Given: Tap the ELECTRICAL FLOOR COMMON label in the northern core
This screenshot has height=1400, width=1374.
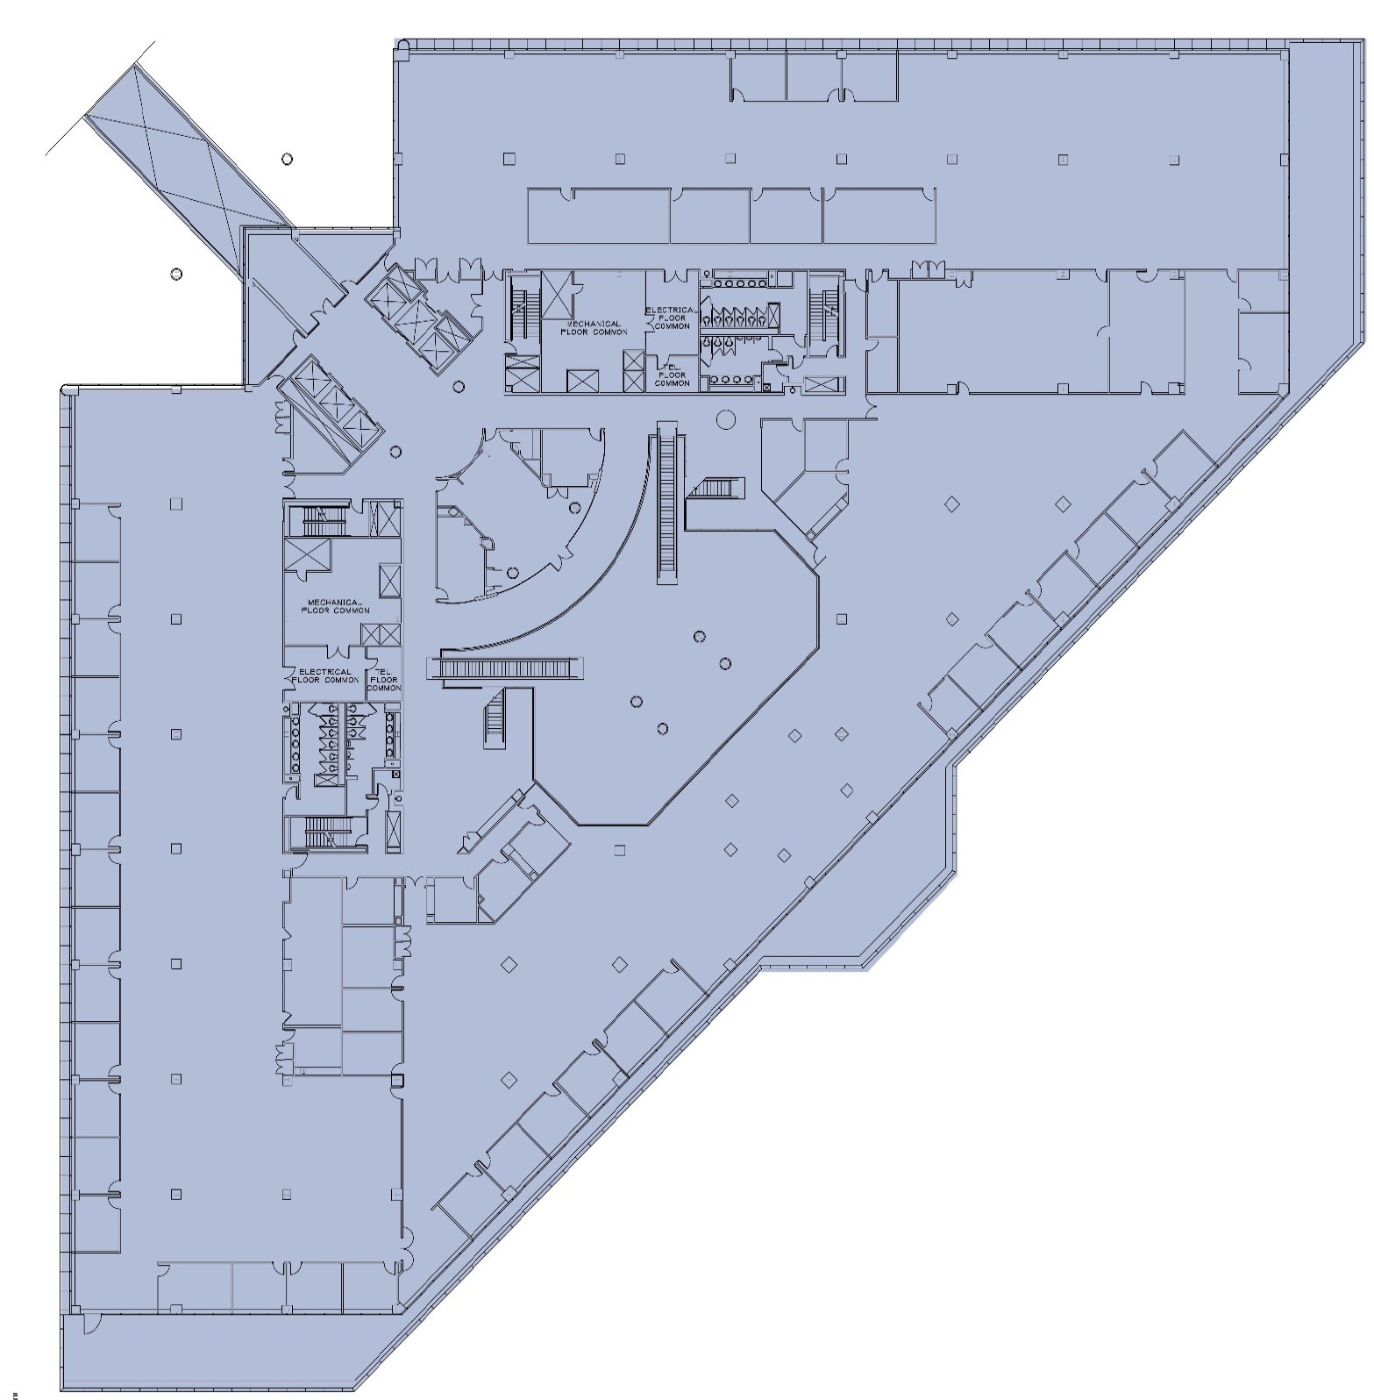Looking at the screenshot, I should click(x=673, y=318).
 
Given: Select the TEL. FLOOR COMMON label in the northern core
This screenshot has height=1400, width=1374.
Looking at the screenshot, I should click(x=673, y=375).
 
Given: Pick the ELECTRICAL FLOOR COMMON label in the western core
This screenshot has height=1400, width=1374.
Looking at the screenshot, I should click(x=325, y=675).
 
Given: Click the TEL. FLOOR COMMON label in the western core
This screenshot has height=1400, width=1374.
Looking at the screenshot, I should click(x=384, y=680).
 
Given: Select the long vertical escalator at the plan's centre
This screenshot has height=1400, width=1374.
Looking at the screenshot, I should click(x=671, y=502).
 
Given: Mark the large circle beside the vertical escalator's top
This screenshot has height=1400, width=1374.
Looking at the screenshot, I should click(x=725, y=420).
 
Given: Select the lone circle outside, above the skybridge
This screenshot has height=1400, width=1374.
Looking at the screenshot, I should click(x=287, y=159).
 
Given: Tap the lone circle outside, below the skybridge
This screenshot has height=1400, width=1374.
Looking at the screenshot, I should click(x=176, y=274).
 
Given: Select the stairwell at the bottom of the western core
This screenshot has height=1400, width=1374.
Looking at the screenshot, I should click(x=326, y=831).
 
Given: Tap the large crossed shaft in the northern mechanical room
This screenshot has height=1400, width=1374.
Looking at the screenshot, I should click(x=557, y=294).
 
